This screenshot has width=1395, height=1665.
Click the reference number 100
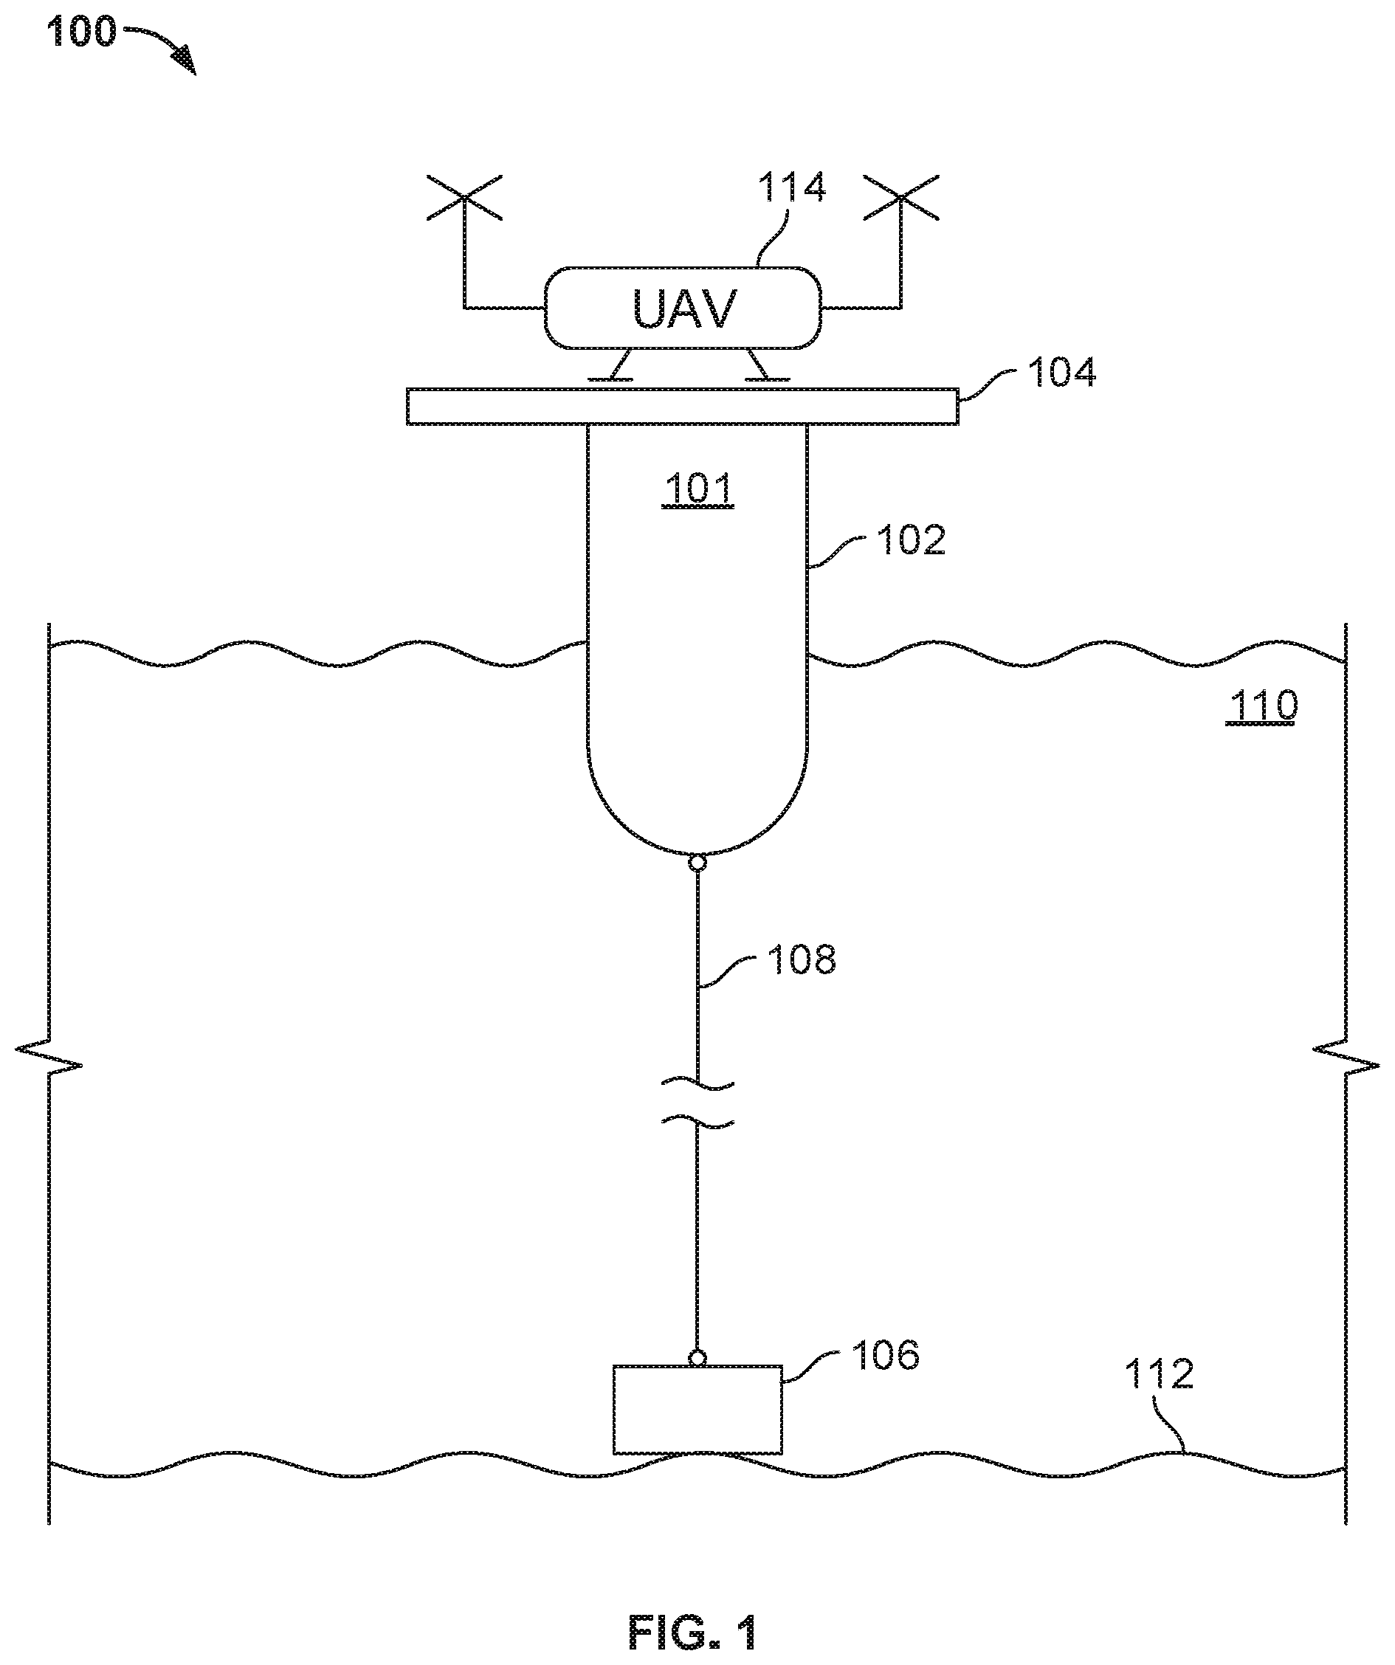(x=82, y=32)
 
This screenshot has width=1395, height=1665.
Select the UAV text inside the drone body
(x=684, y=308)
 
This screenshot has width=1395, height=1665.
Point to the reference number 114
(x=792, y=189)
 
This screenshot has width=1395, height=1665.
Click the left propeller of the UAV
(x=464, y=199)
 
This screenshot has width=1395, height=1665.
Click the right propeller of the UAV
(x=901, y=199)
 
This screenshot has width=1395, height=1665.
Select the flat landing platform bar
(x=682, y=406)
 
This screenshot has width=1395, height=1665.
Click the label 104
(x=1061, y=373)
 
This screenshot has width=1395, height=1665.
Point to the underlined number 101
(x=698, y=489)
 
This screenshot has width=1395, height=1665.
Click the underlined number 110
(x=1261, y=705)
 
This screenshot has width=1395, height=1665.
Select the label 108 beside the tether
(x=802, y=959)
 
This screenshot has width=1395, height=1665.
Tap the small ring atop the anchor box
(x=697, y=1358)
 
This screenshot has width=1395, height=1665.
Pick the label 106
(x=885, y=1355)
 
